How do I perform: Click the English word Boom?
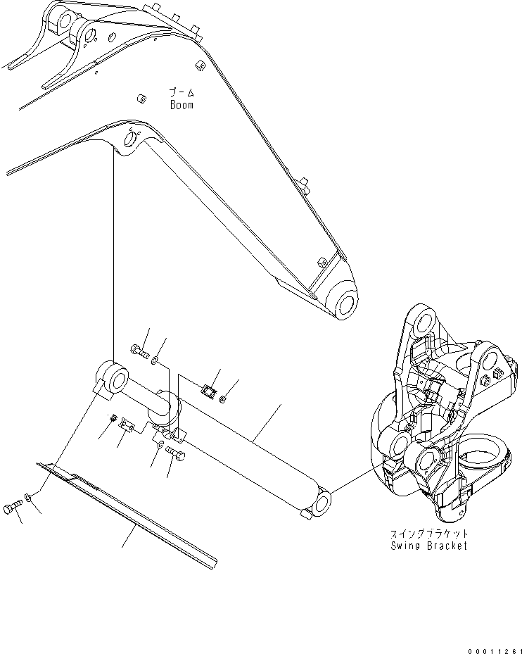pyautogui.click(x=181, y=105)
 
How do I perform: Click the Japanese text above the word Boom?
pyautogui.click(x=181, y=92)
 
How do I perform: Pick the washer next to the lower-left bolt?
pyautogui.click(x=27, y=498)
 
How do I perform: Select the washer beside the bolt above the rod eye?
pyautogui.click(x=155, y=360)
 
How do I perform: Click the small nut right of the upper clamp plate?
pyautogui.click(x=223, y=400)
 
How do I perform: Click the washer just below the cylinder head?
pyautogui.click(x=161, y=446)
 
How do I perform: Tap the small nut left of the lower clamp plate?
pyautogui.click(x=113, y=420)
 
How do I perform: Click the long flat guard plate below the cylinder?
pyautogui.click(x=134, y=514)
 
